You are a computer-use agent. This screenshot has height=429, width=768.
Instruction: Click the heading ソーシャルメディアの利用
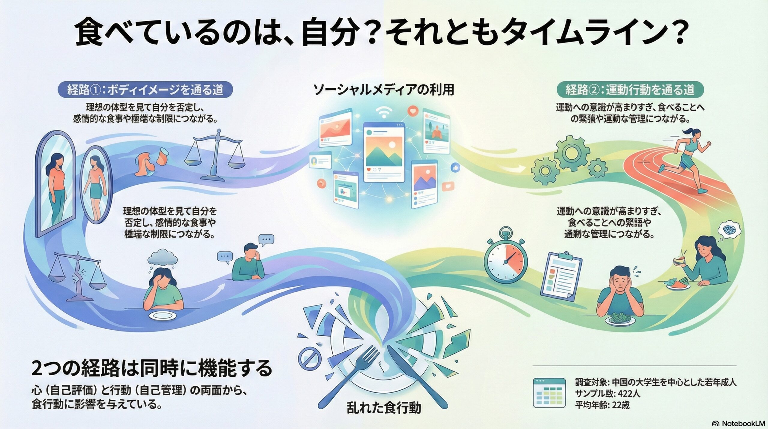click(383, 90)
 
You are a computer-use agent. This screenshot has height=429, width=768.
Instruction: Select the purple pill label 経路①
click(145, 89)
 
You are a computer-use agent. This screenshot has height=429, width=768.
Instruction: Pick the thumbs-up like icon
click(455, 168)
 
